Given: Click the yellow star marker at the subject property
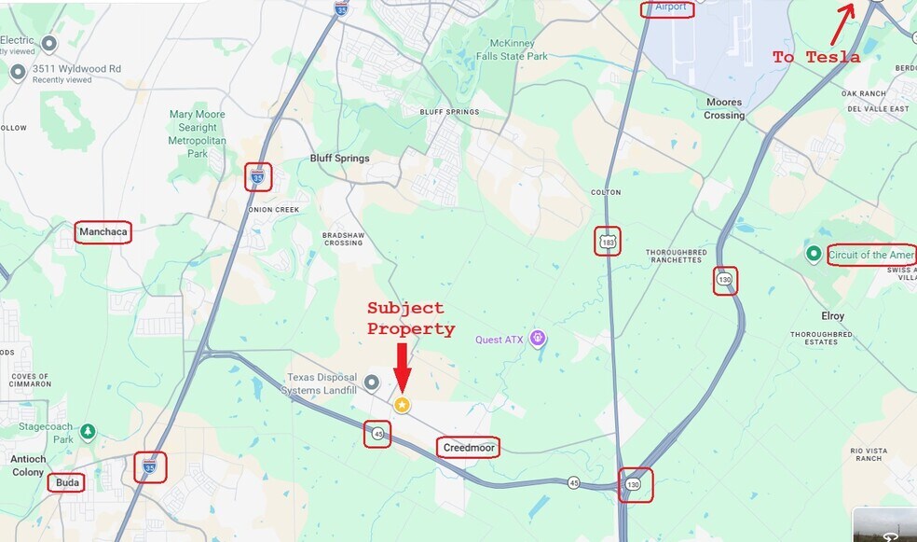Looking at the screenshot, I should tap(402, 405).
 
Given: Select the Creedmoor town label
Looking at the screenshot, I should tap(468, 448).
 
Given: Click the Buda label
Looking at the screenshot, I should tap(67, 482).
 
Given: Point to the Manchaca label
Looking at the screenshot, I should tap(103, 231).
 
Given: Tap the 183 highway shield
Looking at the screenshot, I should tap(609, 243).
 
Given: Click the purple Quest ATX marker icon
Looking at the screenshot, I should tap(537, 338).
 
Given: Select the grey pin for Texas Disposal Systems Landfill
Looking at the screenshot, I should tap(372, 381).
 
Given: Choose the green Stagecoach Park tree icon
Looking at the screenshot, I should tap(88, 432).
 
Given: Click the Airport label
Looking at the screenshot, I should tap(669, 7).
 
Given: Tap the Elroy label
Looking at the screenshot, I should tap(832, 316).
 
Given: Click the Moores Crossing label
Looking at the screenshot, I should tap(724, 109).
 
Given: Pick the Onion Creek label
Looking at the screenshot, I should tap(274, 210).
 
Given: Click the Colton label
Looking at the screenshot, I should tap(605, 193).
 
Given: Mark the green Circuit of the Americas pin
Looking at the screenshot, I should tap(814, 254).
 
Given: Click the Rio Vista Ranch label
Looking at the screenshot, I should tap(866, 454).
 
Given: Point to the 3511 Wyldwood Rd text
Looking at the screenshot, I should tap(76, 69).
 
